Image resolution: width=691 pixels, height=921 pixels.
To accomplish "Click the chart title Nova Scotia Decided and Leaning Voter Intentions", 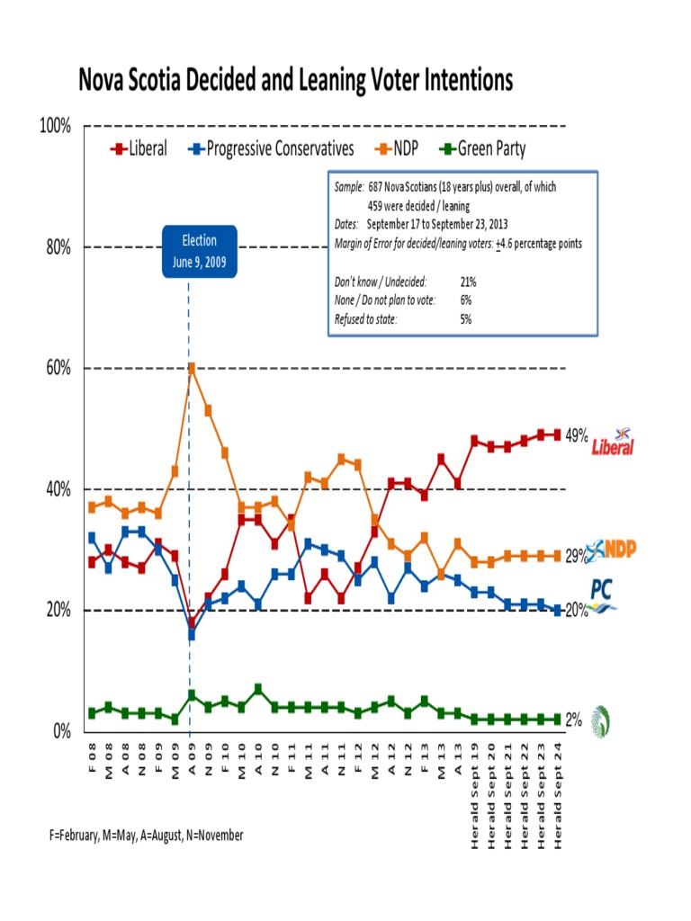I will pos(296,82).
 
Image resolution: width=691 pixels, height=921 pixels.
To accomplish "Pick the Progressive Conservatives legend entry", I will pos(270,148).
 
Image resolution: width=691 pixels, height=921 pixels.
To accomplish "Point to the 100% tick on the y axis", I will pos(56,126).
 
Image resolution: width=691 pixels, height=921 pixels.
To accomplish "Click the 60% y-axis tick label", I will pos(59,368).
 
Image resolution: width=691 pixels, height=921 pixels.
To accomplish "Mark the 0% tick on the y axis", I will pos(61,731).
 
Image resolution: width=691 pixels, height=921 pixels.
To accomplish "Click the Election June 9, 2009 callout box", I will pos(200,251).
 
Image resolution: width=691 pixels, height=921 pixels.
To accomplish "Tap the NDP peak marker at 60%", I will pos(191,368).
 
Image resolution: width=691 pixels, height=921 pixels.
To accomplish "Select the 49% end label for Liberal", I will pos(577,435).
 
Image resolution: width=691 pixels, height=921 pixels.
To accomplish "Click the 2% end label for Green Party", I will pos(573,720).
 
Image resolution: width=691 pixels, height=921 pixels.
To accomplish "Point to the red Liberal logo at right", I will pos(613,443).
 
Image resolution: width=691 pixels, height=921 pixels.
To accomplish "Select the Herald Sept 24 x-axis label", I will pos(558,787).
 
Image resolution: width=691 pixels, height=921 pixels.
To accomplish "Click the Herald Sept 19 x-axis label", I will pos(474,787).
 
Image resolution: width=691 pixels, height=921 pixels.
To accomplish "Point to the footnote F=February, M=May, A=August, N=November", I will pos(147,836).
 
